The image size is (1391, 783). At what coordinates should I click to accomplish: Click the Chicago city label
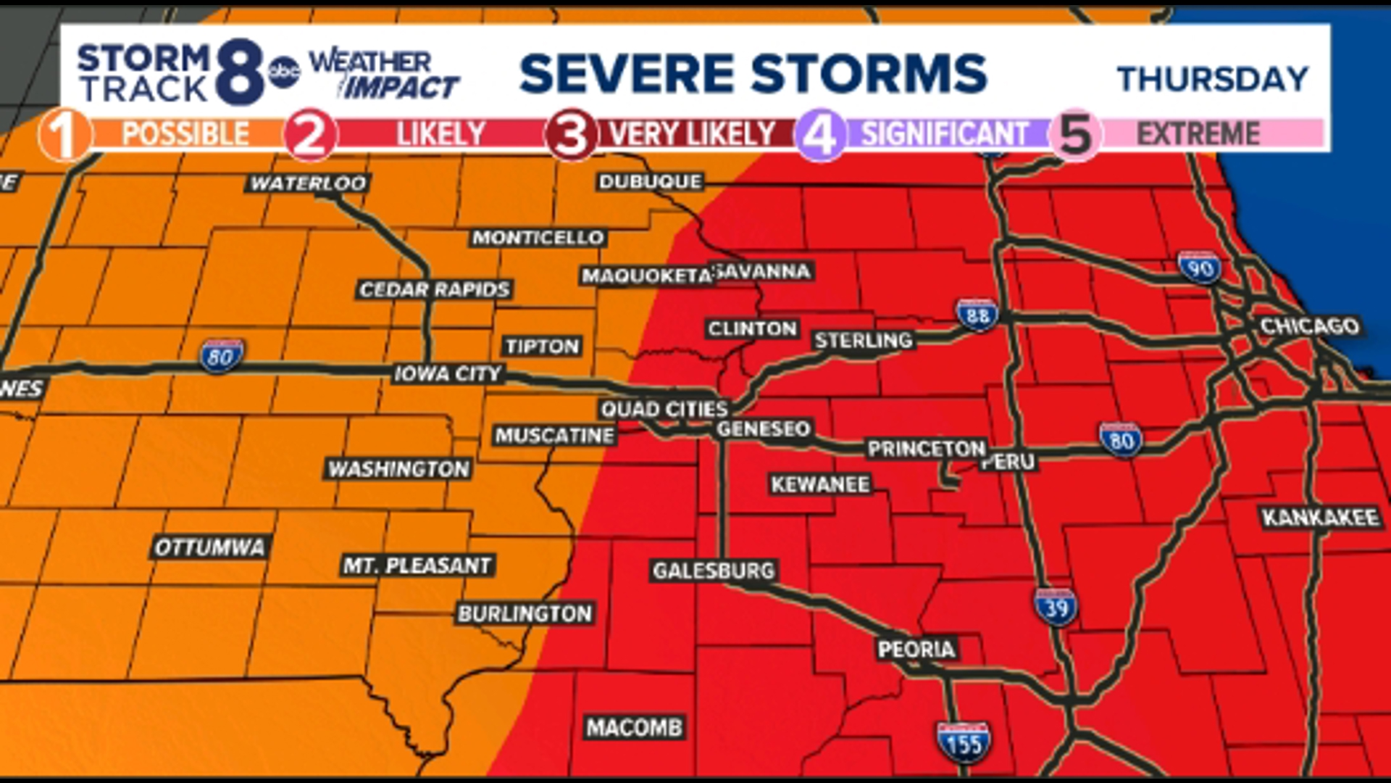coord(1309,326)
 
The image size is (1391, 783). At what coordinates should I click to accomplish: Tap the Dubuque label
coord(650,181)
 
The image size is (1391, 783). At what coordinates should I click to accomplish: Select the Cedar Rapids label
coord(435,290)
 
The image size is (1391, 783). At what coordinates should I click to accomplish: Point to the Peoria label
coord(916,649)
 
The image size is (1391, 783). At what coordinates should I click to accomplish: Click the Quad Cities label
coord(664,410)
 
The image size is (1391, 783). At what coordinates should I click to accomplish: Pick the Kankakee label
coord(1320,518)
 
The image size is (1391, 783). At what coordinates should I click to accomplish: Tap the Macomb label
coord(635,727)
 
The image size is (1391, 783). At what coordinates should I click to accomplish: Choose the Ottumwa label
coord(209,547)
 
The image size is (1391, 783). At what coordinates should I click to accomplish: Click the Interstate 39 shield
coord(1056,608)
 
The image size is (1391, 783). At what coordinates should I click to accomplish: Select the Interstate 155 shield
coord(964,742)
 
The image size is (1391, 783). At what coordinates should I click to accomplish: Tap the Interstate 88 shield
coord(977,315)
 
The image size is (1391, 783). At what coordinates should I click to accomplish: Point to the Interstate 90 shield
coord(1200,268)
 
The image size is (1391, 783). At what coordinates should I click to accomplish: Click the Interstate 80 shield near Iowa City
coord(221,357)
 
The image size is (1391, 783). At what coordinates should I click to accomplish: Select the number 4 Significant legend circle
coord(820,135)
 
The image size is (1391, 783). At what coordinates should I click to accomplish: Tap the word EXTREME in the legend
coord(1198,134)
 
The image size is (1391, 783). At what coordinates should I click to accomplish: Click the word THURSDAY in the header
coord(1213,79)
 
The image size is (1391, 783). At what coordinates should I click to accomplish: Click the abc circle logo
coord(284,72)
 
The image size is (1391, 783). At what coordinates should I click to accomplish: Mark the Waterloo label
coord(309,183)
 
